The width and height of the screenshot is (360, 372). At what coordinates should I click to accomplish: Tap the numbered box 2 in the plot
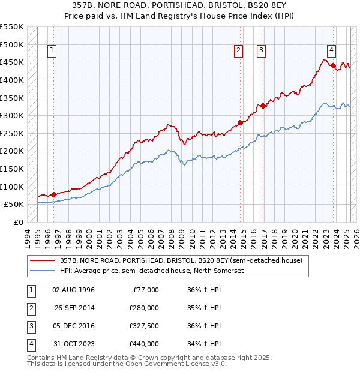click(239, 51)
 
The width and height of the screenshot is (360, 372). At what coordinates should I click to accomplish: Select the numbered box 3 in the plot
click(262, 51)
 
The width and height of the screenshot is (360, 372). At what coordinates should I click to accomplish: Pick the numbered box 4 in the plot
click(332, 51)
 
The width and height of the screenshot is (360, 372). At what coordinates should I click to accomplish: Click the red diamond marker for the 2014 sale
click(241, 122)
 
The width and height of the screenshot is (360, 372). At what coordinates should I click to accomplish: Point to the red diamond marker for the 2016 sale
click(263, 106)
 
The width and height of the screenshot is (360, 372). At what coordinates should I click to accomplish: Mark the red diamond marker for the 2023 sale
click(333, 66)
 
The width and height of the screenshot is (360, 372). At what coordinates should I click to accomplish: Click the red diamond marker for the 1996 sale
click(53, 194)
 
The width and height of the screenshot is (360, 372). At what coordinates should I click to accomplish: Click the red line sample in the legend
click(43, 260)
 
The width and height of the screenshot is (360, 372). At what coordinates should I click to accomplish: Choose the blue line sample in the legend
click(43, 271)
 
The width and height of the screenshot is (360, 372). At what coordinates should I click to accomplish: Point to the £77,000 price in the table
click(145, 290)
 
